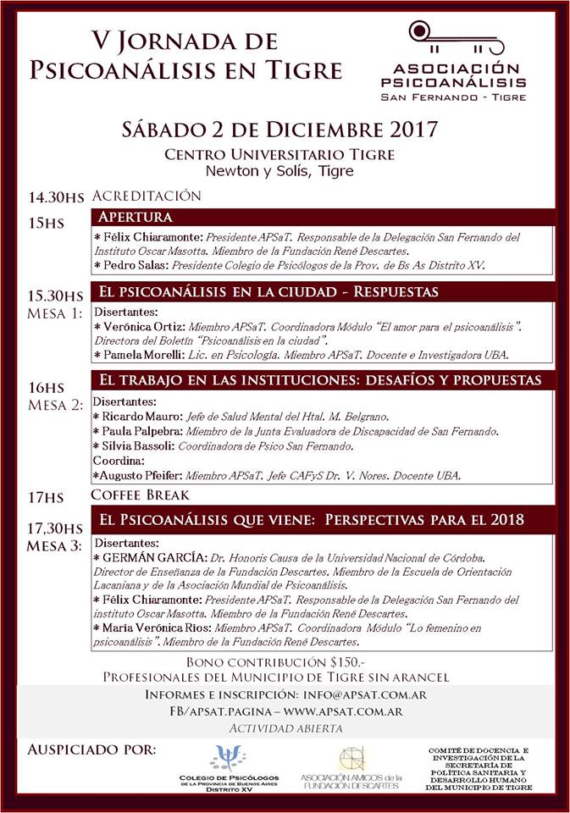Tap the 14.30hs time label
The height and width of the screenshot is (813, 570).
click(56, 197)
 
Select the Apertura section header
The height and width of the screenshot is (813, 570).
click(136, 217)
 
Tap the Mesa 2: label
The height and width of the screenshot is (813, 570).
click(55, 404)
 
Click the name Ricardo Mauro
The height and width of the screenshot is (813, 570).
click(141, 417)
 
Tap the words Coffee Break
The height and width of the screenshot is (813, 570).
click(141, 495)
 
